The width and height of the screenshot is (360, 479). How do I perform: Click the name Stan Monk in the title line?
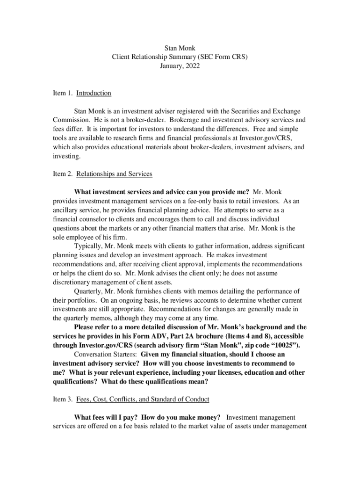pos(180,48)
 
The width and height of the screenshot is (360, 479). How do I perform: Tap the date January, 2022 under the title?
pos(180,66)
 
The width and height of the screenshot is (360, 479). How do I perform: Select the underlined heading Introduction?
pos(94,93)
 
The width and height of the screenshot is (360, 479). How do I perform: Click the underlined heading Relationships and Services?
pos(114,174)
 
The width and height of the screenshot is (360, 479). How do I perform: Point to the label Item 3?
pos(63,399)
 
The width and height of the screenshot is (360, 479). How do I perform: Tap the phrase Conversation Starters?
pos(105,355)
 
